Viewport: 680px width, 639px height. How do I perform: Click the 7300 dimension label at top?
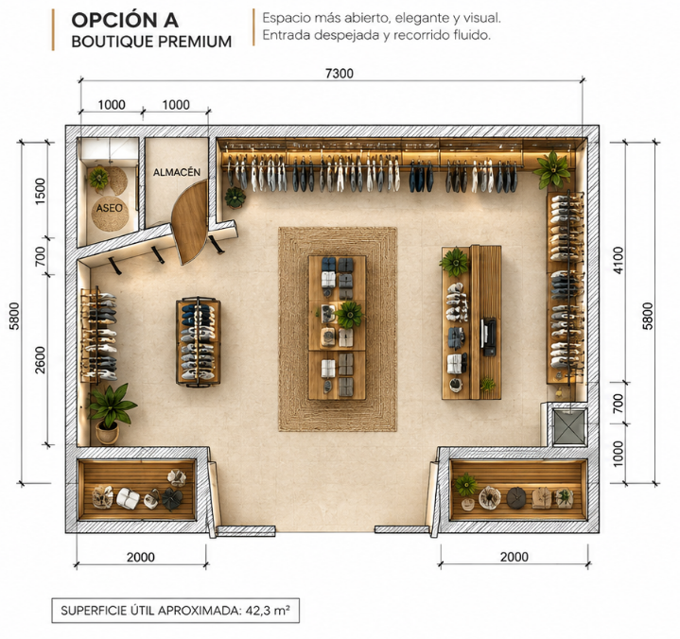coord(340,74)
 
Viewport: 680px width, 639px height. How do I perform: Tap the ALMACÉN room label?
coord(177,172)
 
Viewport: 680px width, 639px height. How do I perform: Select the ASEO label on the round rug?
coord(110,208)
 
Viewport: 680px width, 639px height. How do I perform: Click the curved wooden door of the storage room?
coord(189,222)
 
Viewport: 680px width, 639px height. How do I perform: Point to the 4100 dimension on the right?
coord(619,260)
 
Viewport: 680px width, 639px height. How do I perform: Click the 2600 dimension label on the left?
coord(41,360)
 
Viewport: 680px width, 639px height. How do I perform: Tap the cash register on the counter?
coord(488,337)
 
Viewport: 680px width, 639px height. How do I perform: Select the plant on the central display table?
coord(349,314)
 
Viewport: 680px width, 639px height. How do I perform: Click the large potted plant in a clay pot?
coord(111,413)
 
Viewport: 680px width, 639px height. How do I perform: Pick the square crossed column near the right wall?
coord(569,428)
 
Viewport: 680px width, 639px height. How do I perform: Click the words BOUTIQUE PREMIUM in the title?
coord(151,42)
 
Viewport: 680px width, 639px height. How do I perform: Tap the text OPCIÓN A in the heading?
coord(125,20)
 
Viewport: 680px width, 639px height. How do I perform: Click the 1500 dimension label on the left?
coord(40,191)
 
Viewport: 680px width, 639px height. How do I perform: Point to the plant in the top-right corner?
coord(552,169)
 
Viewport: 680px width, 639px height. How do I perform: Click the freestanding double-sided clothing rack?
coord(199,340)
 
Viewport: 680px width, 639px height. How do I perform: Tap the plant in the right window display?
coord(465,484)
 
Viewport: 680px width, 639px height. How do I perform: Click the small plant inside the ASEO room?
coord(99,178)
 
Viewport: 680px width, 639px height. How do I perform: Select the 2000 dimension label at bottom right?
coord(514,557)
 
